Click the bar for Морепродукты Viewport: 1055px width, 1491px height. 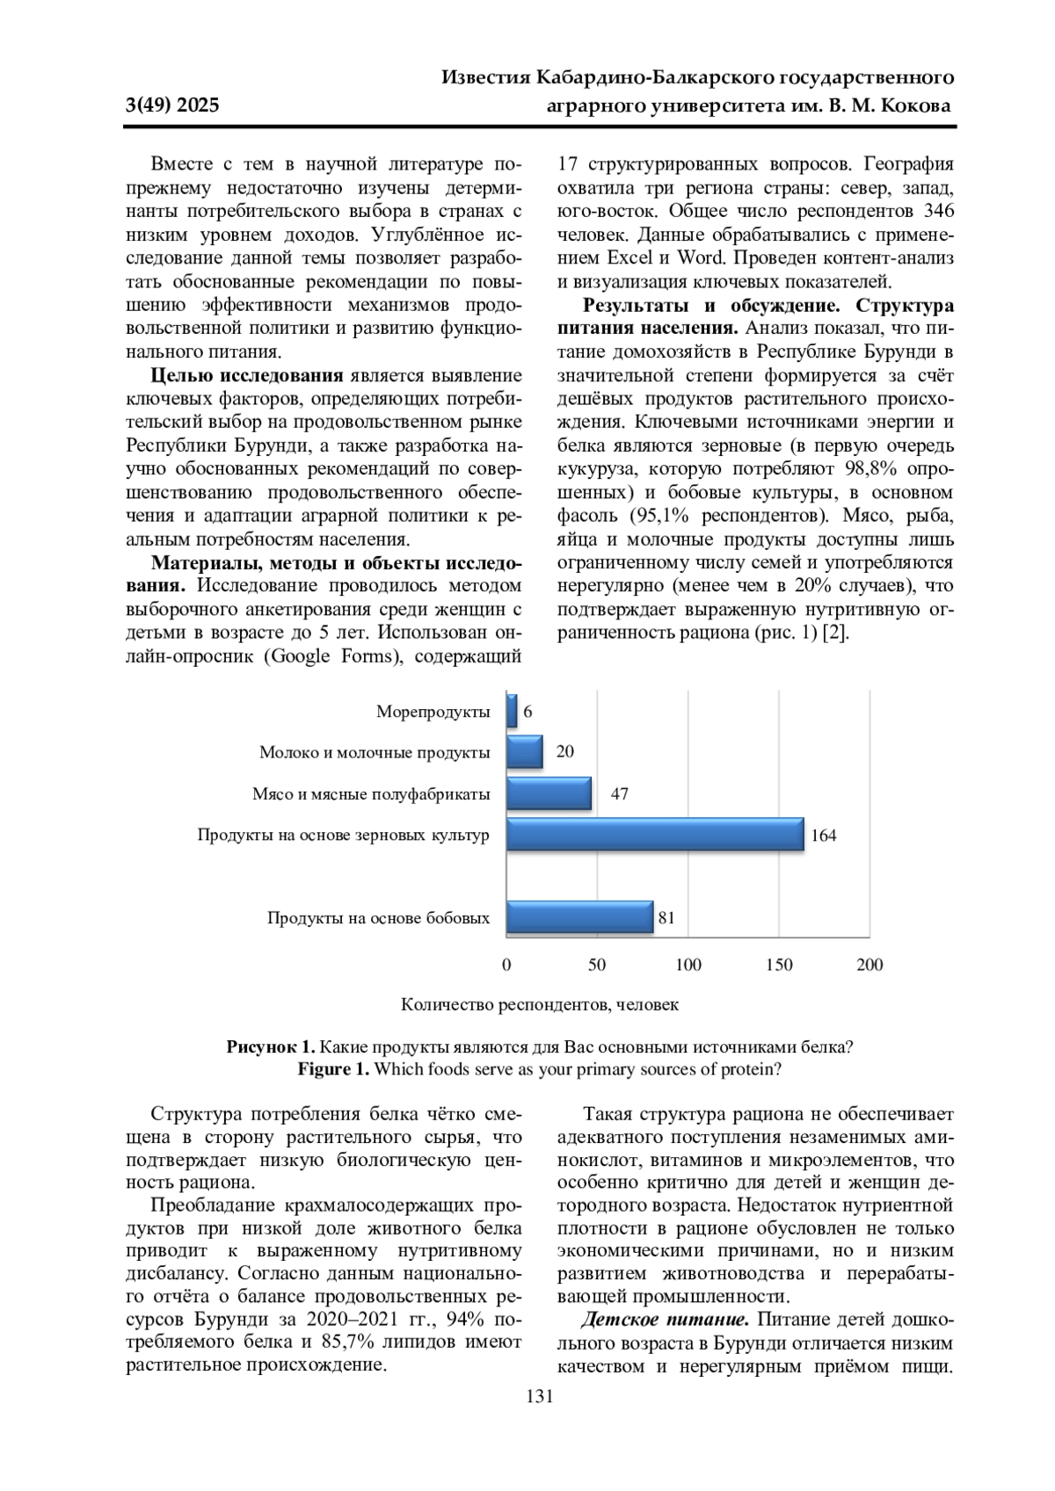512,711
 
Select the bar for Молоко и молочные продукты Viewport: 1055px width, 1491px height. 525,752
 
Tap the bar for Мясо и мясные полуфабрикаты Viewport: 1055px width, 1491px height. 549,793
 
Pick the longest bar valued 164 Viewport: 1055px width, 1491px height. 655,835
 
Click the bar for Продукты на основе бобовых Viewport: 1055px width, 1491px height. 580,917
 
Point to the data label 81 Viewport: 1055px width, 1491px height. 666,918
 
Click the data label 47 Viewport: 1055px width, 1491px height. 620,794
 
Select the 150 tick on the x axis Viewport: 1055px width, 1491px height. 779,965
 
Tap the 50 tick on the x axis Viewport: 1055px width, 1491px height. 597,965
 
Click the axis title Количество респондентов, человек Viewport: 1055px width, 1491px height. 540,1004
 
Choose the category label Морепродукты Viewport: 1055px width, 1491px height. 433,712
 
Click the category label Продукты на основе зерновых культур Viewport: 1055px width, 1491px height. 343,836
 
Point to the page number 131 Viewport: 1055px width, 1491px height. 539,1397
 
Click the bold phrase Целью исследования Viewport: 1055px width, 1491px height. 247,376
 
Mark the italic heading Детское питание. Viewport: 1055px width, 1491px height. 665,1320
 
